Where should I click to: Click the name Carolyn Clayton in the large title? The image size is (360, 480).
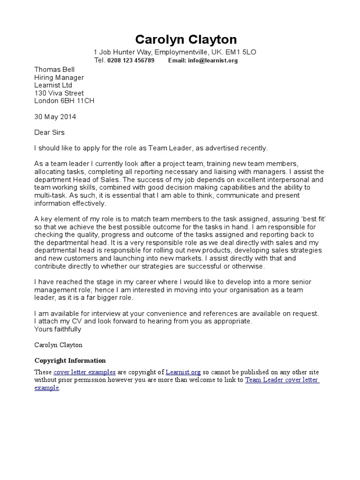coord(186,39)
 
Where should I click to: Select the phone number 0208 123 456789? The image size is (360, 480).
coord(131,60)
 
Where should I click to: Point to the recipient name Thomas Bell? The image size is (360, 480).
coord(54,69)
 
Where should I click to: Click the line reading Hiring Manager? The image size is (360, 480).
coord(59,77)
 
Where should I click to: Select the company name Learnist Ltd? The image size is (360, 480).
coord(53,85)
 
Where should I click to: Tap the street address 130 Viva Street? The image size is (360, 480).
coord(59,93)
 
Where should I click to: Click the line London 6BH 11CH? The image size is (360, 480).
coord(65,101)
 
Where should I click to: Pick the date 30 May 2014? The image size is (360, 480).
coord(55,117)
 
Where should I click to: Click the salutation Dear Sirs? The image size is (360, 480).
coord(49,133)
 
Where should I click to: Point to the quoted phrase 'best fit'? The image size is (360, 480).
coord(311,219)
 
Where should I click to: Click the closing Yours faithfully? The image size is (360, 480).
coord(58,329)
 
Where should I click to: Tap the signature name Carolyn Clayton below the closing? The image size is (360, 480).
coord(58,345)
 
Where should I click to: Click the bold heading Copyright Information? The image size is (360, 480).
coord(70,360)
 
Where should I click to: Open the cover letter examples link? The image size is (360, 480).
coord(84,372)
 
